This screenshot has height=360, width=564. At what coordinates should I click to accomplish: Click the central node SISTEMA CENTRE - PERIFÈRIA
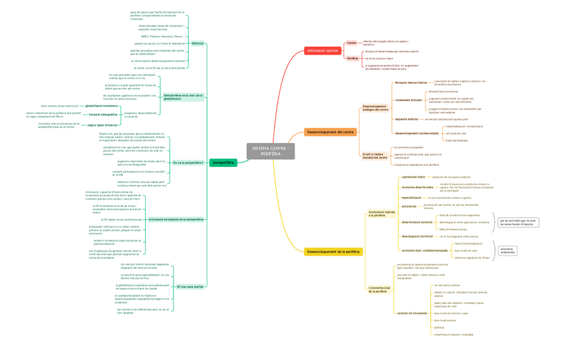[271, 151]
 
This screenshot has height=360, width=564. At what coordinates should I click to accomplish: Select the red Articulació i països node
[323, 51]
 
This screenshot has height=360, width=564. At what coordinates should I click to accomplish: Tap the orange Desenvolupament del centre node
[331, 132]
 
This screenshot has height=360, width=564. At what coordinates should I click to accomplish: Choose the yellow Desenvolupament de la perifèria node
[333, 252]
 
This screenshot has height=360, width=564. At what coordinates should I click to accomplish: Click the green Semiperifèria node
[223, 162]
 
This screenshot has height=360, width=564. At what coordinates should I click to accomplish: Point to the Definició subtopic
[198, 43]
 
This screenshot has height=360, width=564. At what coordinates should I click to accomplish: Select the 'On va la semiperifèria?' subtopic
[188, 162]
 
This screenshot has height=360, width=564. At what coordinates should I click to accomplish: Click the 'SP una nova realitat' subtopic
[190, 286]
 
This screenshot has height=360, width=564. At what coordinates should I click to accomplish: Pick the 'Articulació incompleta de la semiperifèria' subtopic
[176, 219]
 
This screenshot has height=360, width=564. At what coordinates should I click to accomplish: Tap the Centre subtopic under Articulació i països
[352, 43]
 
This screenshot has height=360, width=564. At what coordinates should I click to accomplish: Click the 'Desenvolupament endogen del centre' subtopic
[374, 107]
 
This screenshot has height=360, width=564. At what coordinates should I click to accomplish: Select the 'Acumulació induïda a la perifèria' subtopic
[381, 214]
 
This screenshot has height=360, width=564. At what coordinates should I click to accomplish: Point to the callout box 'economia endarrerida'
[507, 250]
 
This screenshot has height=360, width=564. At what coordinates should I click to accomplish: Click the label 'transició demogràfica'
[103, 114]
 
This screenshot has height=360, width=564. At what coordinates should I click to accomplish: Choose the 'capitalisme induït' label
[413, 177]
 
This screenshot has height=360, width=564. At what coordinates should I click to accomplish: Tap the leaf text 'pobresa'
[439, 327]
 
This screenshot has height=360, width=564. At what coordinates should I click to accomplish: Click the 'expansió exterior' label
[406, 119]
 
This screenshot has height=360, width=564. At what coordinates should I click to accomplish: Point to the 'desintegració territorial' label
[417, 236]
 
